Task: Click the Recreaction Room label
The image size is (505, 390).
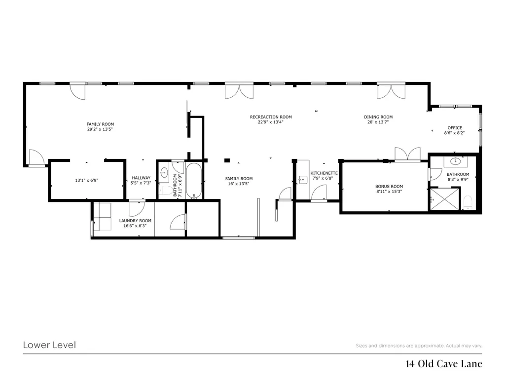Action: tap(271, 117)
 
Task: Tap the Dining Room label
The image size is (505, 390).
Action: tap(378, 117)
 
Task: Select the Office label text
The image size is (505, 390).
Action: tap(454, 128)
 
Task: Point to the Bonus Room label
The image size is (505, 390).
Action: tap(389, 187)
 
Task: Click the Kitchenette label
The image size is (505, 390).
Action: tap(324, 173)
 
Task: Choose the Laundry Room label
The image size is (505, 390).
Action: tap(135, 221)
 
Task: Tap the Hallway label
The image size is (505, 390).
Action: tap(141, 178)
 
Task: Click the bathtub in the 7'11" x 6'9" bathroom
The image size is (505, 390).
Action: tap(194, 180)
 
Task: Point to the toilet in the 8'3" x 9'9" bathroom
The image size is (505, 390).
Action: tap(469, 201)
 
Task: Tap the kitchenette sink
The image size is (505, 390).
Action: tap(303, 179)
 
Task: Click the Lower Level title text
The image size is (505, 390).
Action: tap(49, 345)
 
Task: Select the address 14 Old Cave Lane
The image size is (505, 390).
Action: tap(443, 364)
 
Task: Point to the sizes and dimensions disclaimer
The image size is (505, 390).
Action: tap(419, 346)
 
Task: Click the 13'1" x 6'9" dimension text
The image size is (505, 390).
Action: tap(86, 181)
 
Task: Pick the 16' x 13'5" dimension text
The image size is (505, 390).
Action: tap(239, 184)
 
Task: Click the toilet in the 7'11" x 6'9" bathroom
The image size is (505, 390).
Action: tap(166, 191)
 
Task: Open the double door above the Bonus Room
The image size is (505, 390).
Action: tap(407, 155)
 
